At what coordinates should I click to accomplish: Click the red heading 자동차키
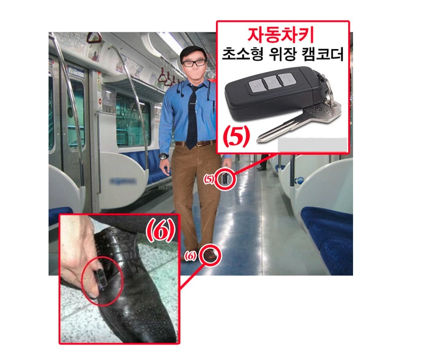click(x=281, y=35)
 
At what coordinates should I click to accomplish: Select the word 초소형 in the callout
click(x=242, y=55)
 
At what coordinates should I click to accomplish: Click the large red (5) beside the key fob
click(x=236, y=137)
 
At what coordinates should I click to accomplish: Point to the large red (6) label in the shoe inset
click(x=161, y=232)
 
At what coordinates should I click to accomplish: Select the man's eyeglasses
click(x=194, y=63)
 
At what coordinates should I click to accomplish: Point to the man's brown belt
click(x=196, y=143)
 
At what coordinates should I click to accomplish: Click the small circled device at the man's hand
click(x=226, y=179)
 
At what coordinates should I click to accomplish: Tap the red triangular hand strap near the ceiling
click(x=94, y=38)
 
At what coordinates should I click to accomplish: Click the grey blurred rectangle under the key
click(x=313, y=145)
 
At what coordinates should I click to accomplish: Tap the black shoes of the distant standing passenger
click(x=261, y=168)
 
